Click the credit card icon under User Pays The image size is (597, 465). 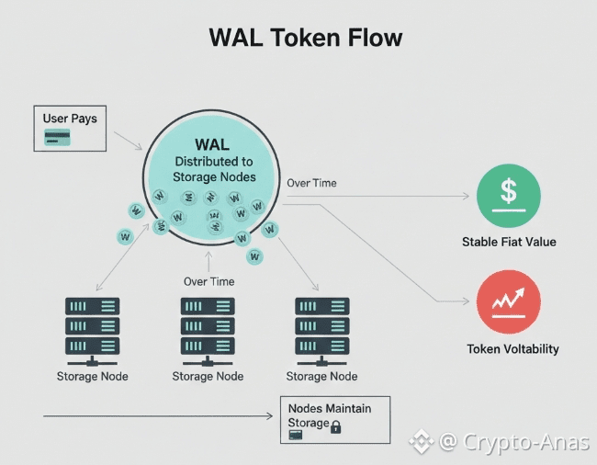pyautogui.click(x=59, y=138)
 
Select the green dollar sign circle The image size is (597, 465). pyautogui.click(x=509, y=196)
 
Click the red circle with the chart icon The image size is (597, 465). pyautogui.click(x=509, y=302)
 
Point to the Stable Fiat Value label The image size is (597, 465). pyautogui.click(x=509, y=243)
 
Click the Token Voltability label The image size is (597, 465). pyautogui.click(x=513, y=349)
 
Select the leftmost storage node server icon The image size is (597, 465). pyautogui.click(x=93, y=327)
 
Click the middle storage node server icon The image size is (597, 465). pyautogui.click(x=208, y=327)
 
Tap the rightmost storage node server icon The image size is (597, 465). pyautogui.click(x=321, y=327)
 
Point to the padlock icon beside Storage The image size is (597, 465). pyautogui.click(x=336, y=426)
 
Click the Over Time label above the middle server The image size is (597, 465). pyautogui.click(x=208, y=281)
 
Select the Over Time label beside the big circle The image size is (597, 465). pyautogui.click(x=311, y=183)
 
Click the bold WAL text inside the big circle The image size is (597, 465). pyautogui.click(x=212, y=145)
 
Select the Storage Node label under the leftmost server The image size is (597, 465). pyautogui.click(x=93, y=377)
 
